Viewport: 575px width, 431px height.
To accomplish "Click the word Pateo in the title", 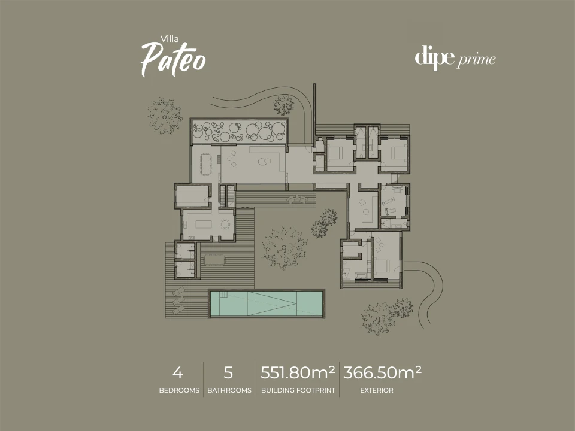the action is [173, 59].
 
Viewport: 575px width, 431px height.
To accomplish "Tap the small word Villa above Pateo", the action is [170, 38].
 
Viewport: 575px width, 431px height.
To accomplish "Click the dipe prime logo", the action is [455, 58].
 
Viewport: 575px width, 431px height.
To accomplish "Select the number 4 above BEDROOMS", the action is [178, 373].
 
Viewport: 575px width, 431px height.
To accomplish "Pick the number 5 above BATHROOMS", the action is [228, 373].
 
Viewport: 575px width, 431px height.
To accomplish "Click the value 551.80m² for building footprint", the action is [298, 372].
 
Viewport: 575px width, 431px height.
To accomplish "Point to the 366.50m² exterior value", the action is [382, 372].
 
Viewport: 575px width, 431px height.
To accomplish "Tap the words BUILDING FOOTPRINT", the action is [298, 391].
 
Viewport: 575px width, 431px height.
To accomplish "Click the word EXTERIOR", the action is [377, 391].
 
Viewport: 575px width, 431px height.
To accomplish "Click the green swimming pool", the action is [266, 303].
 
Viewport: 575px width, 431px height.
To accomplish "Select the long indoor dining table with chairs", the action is [205, 164].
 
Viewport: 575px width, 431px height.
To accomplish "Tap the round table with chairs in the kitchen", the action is [225, 224].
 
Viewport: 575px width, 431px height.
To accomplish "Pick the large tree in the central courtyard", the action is [285, 248].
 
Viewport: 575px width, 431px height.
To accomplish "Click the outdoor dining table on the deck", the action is [215, 260].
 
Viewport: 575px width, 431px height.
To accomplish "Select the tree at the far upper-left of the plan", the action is [165, 116].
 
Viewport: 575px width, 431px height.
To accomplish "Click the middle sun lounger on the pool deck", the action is [178, 301].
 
